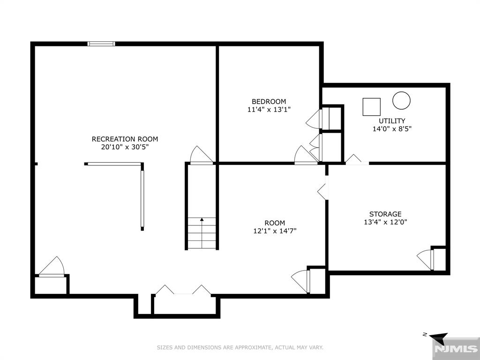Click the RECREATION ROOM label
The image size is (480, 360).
(125, 139)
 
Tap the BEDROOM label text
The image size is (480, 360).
(269, 101)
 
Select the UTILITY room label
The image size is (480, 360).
(392, 120)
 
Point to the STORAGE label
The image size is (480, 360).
(385, 214)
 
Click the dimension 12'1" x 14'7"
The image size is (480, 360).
(275, 231)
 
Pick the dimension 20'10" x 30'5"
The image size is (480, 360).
(125, 147)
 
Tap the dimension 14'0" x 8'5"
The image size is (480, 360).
(392, 129)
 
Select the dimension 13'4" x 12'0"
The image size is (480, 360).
(385, 222)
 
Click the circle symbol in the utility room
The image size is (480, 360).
(401, 100)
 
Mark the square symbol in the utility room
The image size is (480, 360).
(372, 107)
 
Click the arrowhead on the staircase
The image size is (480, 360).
(202, 219)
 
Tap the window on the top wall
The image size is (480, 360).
(101, 44)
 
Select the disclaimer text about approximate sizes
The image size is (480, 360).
(240, 347)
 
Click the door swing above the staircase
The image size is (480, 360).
(202, 156)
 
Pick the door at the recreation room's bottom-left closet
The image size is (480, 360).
(52, 267)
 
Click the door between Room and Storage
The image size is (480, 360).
(322, 192)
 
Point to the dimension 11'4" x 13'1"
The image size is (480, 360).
(269, 109)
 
